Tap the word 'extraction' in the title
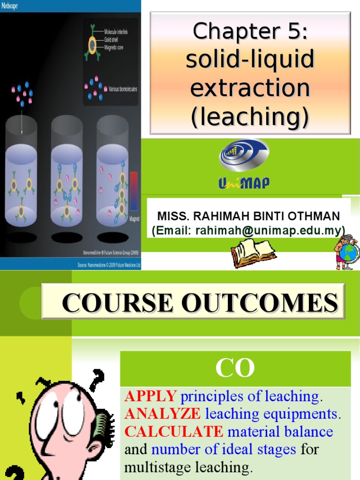pos(250,88)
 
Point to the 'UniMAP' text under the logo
pos(244,183)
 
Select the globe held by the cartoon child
pos(351,254)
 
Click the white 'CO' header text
pos(235,368)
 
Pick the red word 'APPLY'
pos(150,397)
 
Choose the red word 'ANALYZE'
pos(162,414)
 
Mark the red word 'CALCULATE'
pos(173,431)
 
